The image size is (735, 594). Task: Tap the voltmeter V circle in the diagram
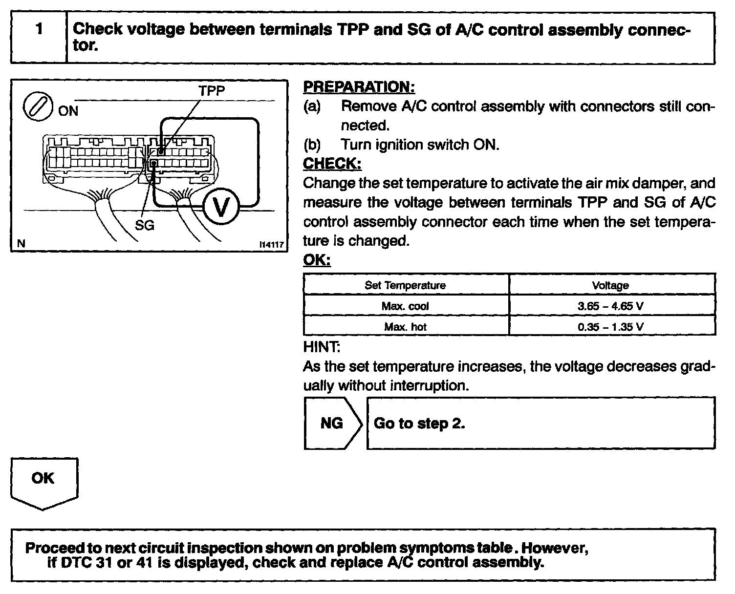click(x=221, y=207)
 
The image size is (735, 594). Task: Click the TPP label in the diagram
click(x=212, y=91)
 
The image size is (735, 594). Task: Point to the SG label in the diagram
click(x=145, y=225)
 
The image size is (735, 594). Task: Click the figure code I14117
click(x=272, y=244)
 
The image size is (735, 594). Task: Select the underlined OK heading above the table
click(x=317, y=260)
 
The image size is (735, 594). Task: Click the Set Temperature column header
click(x=405, y=285)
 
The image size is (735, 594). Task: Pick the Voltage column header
click(x=610, y=285)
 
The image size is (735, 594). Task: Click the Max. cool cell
click(x=405, y=306)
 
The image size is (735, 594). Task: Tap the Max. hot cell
click(x=405, y=327)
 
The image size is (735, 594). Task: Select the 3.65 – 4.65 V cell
click(x=610, y=306)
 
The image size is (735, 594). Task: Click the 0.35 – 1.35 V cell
click(x=610, y=327)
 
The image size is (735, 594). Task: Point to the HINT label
click(x=322, y=347)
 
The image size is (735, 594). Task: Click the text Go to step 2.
click(x=419, y=423)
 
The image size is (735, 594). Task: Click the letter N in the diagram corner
click(x=21, y=243)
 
